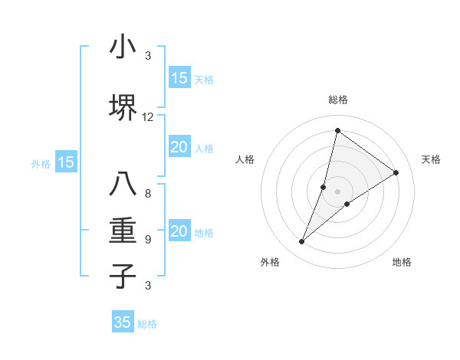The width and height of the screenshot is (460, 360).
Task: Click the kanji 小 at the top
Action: click(x=123, y=48)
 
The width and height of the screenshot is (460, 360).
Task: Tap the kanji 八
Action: click(x=123, y=184)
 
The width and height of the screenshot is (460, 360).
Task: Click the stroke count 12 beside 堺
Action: click(x=148, y=117)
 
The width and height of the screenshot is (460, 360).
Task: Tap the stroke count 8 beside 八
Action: click(x=148, y=193)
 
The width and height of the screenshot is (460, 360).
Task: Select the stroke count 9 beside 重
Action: click(x=148, y=240)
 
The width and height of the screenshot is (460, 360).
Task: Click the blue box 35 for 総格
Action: click(x=123, y=322)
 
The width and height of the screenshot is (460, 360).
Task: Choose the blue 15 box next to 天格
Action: click(x=179, y=77)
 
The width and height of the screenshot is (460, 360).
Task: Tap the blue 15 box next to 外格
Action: click(x=66, y=162)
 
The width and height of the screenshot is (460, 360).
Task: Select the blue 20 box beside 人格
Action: click(x=179, y=147)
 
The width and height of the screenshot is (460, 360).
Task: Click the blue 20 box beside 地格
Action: click(x=179, y=232)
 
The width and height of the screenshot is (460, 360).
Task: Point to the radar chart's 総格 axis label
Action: click(x=337, y=100)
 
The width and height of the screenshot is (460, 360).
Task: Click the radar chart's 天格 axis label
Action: click(x=432, y=159)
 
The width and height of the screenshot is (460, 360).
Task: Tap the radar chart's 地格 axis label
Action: click(x=402, y=262)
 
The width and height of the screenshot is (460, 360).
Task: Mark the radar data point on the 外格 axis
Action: click(x=301, y=242)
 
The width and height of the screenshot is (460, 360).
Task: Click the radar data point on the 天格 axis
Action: click(x=396, y=172)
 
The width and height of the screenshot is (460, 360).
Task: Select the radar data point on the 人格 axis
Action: click(x=324, y=187)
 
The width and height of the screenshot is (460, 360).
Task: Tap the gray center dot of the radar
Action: click(x=337, y=191)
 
